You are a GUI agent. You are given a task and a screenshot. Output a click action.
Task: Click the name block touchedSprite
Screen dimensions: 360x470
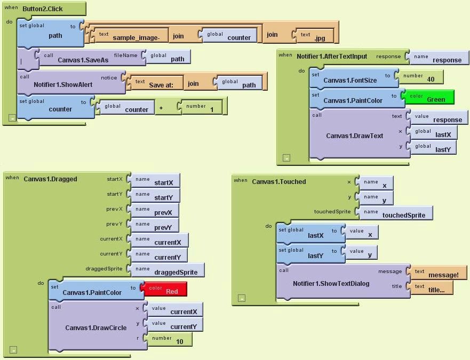pyautogui.click(x=397, y=213)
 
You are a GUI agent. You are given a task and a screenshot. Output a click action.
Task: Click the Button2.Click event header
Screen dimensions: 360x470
pyautogui.click(x=43, y=9)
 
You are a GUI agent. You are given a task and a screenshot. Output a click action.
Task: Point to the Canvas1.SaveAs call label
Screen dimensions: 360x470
pyautogui.click(x=83, y=60)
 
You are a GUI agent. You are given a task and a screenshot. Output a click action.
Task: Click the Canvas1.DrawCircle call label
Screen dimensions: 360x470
pyautogui.click(x=95, y=327)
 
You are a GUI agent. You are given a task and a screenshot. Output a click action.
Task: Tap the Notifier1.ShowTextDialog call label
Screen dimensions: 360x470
pyautogui.click(x=331, y=283)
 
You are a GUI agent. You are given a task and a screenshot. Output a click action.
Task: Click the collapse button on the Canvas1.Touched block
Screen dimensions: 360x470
pyautogui.click(x=241, y=299)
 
